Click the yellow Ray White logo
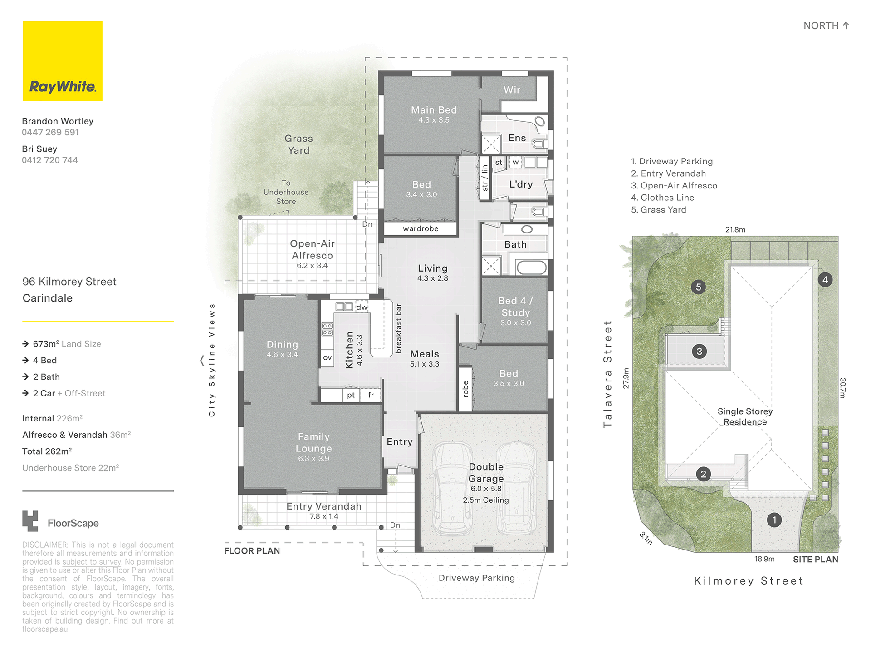tap(63, 61)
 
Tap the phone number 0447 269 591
tap(50, 132)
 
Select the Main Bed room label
tap(434, 110)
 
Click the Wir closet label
tap(512, 90)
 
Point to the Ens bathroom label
tap(517, 138)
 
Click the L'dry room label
tap(521, 184)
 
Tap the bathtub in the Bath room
tap(532, 267)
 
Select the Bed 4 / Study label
tap(515, 307)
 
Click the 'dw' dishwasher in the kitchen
tap(362, 307)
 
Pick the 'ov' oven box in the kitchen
tap(327, 357)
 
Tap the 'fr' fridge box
tap(371, 395)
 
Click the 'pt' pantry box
tap(351, 395)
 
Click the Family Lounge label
tap(313, 442)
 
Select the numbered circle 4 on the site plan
tap(825, 280)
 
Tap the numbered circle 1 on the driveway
tap(774, 520)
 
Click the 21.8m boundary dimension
tap(735, 230)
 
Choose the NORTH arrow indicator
tap(846, 25)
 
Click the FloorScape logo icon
tap(30, 521)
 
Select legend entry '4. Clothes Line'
tap(662, 198)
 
